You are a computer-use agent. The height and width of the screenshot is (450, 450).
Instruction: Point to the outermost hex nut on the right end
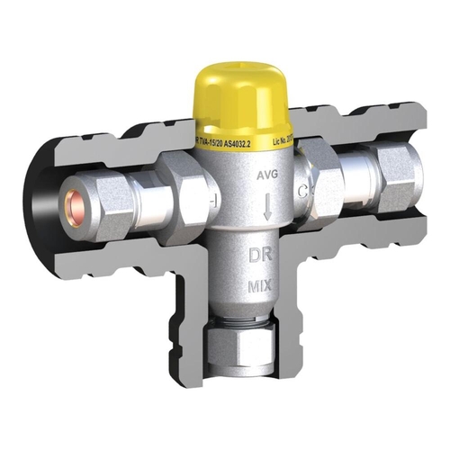[x=398, y=171]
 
